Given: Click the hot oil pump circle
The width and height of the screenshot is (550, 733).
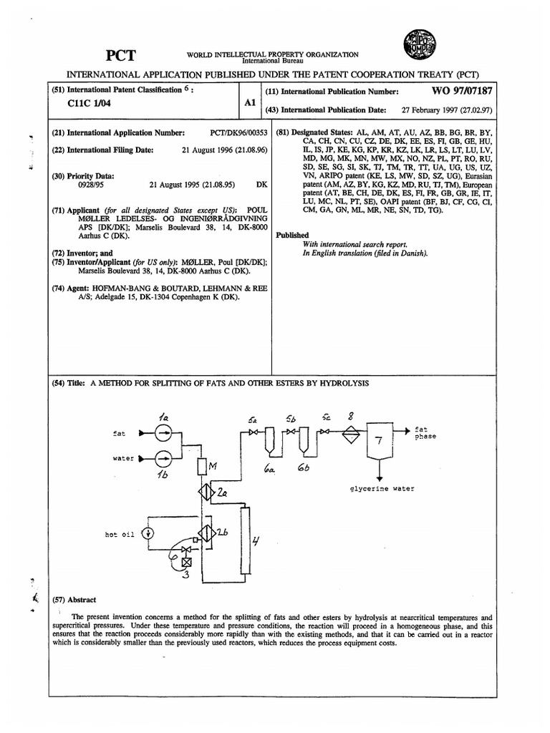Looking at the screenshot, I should click(148, 533).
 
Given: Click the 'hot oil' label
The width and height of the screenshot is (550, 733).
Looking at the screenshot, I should click(119, 534).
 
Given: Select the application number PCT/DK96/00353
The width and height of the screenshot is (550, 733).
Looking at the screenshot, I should click(238, 132).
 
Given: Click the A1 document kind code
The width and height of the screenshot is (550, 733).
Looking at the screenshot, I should click(250, 103).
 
